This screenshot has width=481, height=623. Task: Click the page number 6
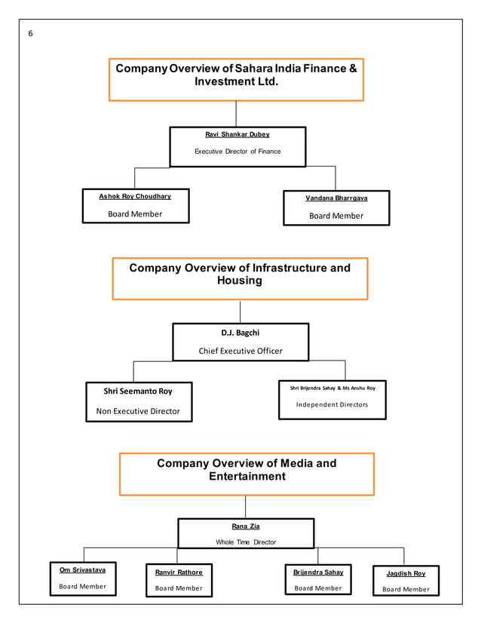tap(31, 34)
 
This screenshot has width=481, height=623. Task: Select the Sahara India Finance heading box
tap(236, 79)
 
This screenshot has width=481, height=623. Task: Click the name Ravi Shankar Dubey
tap(237, 134)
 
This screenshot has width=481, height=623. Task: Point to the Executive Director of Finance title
tap(237, 152)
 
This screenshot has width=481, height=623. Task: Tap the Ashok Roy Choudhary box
tap(136, 206)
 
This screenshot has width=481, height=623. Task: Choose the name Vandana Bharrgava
tap(336, 198)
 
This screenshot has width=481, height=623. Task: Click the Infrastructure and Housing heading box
tap(240, 278)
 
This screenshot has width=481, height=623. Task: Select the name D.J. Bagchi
tap(240, 333)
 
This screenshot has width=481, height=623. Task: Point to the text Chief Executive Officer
tap(240, 351)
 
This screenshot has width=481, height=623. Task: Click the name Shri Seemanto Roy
tap(138, 391)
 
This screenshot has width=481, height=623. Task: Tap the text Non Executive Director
tap(138, 411)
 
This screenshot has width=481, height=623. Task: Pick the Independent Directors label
tap(332, 405)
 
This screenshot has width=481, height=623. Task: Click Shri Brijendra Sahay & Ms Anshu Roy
tap(332, 388)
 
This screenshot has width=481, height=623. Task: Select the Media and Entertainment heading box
tap(247, 474)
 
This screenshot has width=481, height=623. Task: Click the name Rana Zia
tap(246, 526)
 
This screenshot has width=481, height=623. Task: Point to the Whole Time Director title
tap(246, 542)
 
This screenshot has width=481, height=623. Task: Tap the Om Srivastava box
tap(83, 578)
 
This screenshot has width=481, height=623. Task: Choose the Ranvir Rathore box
tap(179, 580)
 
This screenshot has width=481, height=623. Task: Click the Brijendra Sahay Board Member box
tap(318, 580)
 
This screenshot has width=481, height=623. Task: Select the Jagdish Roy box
tap(406, 582)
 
